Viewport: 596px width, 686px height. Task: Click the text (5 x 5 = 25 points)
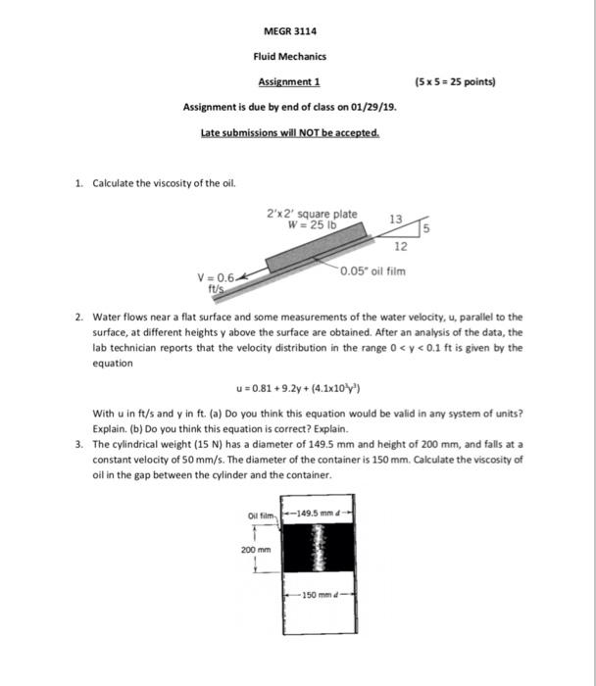click(x=457, y=82)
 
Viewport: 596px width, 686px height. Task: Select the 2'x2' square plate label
click(x=312, y=213)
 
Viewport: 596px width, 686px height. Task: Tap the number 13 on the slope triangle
click(x=395, y=218)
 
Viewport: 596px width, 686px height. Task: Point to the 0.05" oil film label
click(x=372, y=270)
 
